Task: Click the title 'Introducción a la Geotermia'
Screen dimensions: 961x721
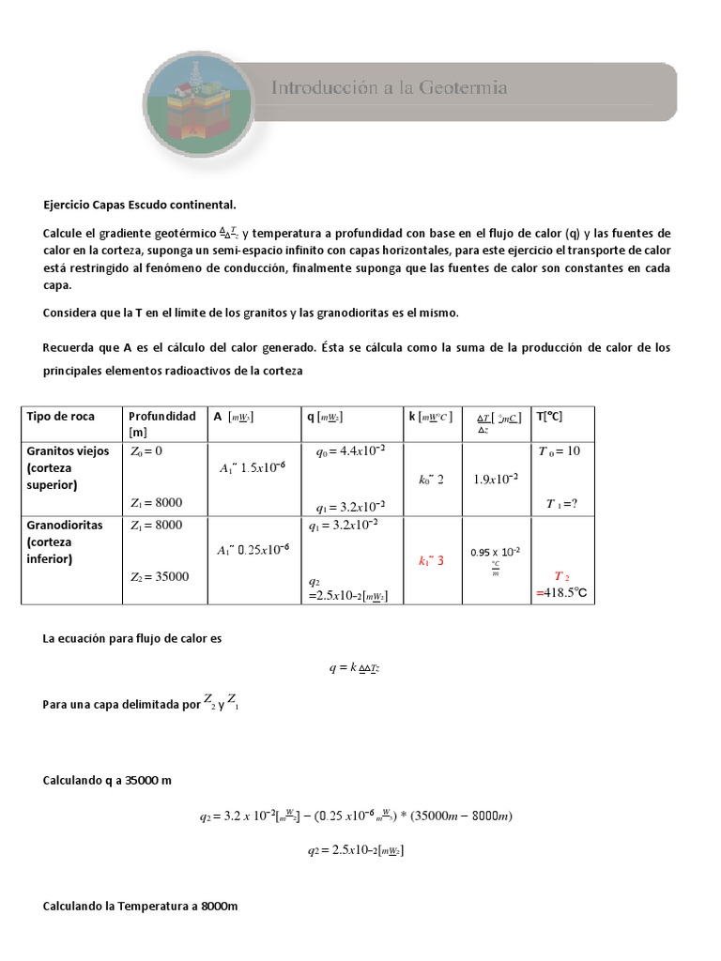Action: (390, 88)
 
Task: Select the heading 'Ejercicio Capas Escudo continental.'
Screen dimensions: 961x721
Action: (140, 204)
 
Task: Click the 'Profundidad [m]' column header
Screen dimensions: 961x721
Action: (162, 422)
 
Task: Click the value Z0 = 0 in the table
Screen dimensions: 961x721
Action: (146, 450)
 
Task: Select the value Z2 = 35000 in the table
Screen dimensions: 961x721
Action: (160, 576)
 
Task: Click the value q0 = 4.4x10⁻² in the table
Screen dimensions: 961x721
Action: (350, 450)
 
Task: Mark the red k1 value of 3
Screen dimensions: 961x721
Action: (431, 560)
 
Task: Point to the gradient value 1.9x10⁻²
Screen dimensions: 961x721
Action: (496, 479)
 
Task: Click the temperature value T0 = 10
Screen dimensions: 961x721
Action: (560, 450)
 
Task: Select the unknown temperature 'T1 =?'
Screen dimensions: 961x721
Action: (561, 503)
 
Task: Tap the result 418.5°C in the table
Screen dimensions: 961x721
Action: (566, 593)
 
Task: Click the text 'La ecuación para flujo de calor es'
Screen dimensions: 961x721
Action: (132, 638)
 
